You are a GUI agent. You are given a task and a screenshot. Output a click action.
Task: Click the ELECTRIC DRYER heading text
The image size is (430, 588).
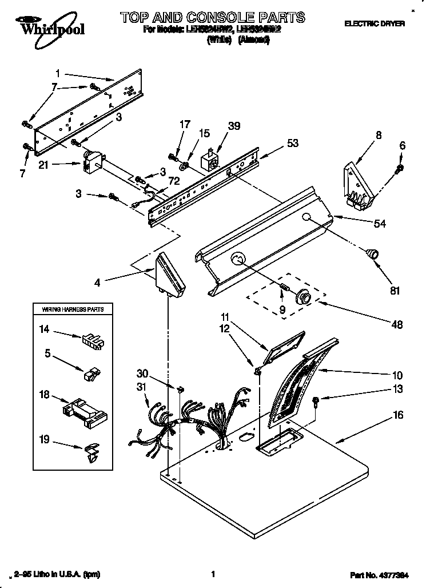pos(374,23)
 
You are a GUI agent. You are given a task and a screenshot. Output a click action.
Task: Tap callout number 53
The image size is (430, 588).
pos(293,144)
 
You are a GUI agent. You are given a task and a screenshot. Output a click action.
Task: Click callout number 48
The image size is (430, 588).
pos(396,324)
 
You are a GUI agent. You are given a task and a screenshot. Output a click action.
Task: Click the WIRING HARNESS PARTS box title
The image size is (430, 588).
pos(73,309)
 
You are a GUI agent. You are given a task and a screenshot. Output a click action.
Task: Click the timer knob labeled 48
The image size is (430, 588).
pos(302,296)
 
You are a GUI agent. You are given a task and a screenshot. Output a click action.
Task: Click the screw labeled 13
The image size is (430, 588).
pos(316,401)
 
